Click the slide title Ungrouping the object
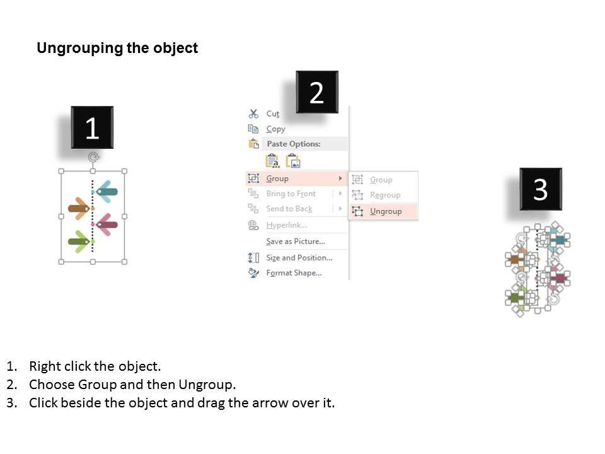[x=117, y=48]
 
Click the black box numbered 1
[x=92, y=127]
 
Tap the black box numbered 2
[x=317, y=92]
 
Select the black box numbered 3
[x=541, y=189]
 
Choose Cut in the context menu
[x=272, y=113]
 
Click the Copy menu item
[x=275, y=129]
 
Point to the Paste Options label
[x=294, y=144]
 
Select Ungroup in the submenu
[x=386, y=211]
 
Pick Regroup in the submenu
[x=385, y=195]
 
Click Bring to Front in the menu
[x=291, y=194]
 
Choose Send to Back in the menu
[x=289, y=209]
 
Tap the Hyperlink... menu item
[x=287, y=225]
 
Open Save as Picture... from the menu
[x=296, y=242]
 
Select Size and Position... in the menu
[x=299, y=257]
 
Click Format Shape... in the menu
[x=294, y=273]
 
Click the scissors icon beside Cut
[x=253, y=113]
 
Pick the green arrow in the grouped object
[x=79, y=242]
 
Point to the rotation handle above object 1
[x=93, y=157]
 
